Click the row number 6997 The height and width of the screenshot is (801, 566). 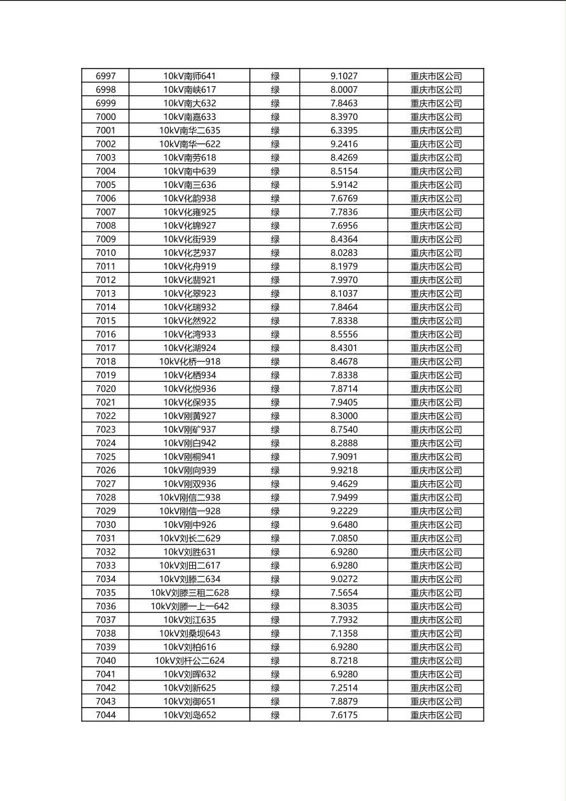pos(105,76)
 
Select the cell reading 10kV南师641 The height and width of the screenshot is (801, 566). pos(189,76)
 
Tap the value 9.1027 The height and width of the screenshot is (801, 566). pos(343,76)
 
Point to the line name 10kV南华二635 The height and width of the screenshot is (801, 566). pos(189,131)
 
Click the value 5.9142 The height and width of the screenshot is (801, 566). pos(343,185)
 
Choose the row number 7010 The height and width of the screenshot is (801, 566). pos(105,253)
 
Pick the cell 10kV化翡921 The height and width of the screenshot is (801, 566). pos(189,280)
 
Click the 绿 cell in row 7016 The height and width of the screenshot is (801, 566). pos(275,334)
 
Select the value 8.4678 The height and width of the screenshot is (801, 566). pos(343,362)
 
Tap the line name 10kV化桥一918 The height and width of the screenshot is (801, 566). pos(189,362)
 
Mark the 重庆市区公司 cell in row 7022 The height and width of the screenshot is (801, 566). pos(435,416)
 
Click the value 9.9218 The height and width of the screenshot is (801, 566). pos(343,470)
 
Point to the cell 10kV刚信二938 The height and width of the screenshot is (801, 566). pos(189,498)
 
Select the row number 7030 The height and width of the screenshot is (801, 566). pos(105,525)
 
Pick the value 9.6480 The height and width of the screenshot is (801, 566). pos(343,525)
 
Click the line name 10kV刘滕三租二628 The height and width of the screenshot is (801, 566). pos(189,593)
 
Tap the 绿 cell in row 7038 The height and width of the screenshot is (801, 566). pos(275,633)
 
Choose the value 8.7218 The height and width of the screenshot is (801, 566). pos(343,661)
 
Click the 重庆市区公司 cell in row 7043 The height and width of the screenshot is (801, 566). pos(435,701)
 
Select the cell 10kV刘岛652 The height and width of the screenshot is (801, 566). pos(189,715)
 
